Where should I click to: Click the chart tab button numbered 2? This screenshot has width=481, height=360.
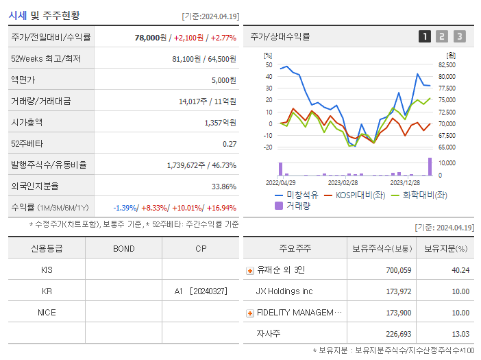442,36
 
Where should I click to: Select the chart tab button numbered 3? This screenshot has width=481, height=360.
459,36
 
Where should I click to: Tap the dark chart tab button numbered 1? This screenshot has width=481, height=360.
425,36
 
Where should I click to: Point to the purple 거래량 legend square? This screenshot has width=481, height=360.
279,205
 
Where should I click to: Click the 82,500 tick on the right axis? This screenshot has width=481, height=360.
446,64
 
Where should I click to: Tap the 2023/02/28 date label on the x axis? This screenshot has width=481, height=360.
343,182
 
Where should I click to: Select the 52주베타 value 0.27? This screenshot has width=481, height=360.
230,144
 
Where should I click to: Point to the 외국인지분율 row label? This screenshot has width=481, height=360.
35,186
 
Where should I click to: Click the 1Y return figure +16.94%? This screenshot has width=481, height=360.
221,208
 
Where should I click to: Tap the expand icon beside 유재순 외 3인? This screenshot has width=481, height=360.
250,270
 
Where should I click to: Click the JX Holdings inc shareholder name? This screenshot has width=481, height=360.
284,291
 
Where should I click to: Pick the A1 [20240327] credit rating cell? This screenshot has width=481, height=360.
200,291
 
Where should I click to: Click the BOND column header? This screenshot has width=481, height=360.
123,248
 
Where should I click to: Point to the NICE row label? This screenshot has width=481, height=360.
47,313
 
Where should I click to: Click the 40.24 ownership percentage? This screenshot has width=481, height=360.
460,270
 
